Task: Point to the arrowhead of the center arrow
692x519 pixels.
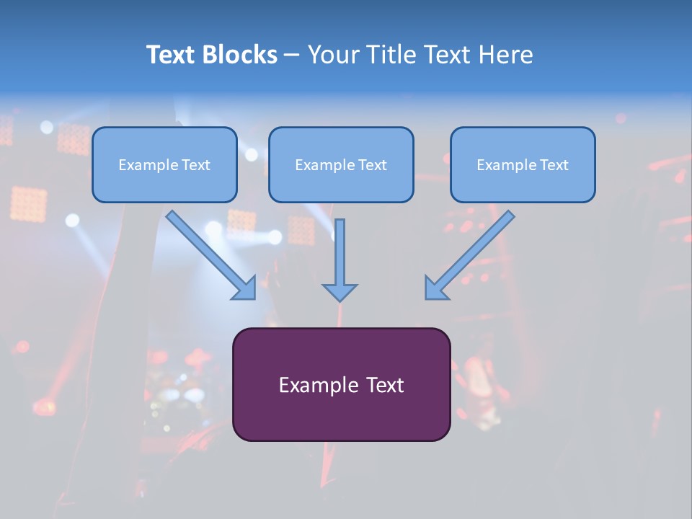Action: point(340,292)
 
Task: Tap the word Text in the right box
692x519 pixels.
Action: point(554,165)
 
